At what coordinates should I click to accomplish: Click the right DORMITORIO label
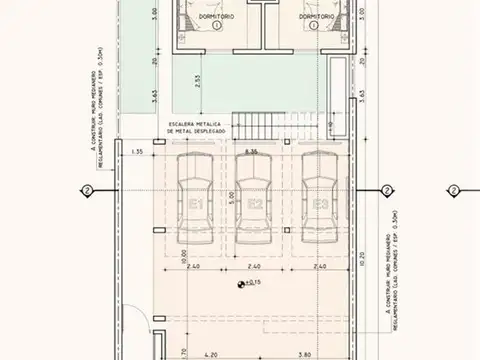[316, 17]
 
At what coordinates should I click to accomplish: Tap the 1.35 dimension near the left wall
[138, 152]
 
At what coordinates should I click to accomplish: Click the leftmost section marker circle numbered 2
[87, 191]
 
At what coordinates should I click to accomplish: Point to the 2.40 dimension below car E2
[256, 268]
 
